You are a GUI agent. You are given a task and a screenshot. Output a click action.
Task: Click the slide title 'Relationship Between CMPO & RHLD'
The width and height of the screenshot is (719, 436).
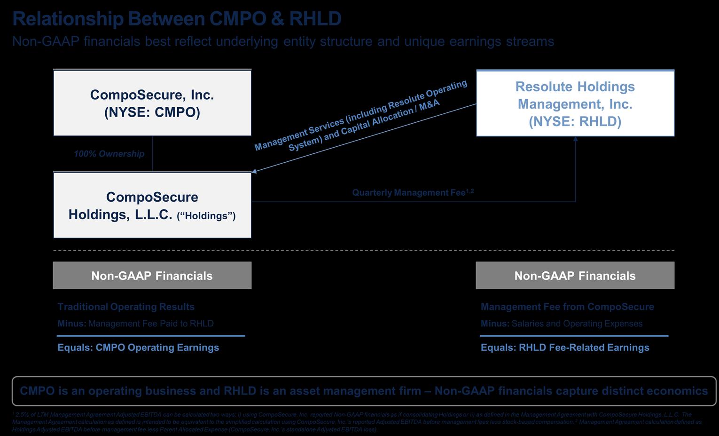click(177, 19)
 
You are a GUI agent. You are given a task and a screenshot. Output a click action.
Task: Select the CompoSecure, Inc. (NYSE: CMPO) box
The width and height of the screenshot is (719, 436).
click(152, 103)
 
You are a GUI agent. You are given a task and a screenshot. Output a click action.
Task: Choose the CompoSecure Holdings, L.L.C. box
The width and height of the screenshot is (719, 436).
click(152, 206)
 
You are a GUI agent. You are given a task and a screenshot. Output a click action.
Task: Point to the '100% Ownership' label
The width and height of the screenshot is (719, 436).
click(109, 154)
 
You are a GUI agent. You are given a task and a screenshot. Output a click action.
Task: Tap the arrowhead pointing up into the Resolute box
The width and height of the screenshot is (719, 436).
click(575, 139)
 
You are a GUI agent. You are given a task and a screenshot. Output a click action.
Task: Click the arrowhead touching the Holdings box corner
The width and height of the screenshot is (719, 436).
click(254, 171)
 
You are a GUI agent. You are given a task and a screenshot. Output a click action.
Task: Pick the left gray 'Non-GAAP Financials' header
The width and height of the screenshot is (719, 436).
click(152, 276)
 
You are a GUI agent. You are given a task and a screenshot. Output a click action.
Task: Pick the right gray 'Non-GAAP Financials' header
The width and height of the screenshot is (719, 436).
click(575, 276)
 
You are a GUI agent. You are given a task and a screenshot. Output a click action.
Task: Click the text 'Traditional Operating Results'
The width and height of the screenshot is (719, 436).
click(126, 307)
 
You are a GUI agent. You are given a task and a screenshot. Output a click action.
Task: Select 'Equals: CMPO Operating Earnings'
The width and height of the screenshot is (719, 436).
click(138, 348)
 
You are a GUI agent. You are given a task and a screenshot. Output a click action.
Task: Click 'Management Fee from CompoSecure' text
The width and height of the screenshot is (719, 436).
click(567, 307)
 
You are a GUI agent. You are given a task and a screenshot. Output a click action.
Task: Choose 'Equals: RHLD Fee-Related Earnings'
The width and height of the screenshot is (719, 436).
click(565, 348)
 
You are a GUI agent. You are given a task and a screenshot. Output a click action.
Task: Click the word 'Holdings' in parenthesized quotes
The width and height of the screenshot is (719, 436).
click(206, 216)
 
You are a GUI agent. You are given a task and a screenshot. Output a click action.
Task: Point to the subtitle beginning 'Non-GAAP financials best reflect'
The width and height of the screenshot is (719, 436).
click(283, 41)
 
